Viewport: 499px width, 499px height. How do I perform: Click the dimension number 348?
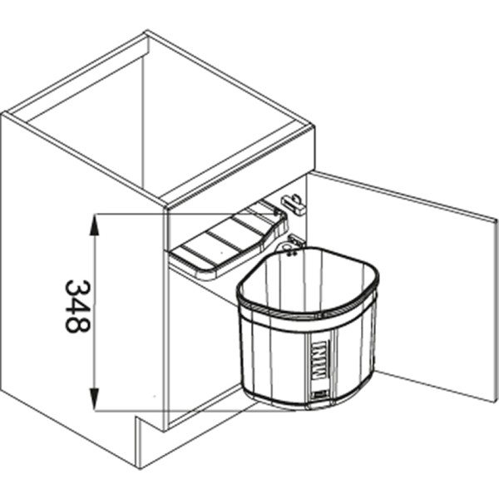click(77, 306)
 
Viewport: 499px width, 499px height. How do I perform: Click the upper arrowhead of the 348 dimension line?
click(96, 220)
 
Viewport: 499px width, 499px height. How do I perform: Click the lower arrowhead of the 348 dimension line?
click(96, 403)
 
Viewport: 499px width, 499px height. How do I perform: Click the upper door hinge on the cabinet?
click(293, 202)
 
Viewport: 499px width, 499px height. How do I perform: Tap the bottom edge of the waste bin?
click(308, 405)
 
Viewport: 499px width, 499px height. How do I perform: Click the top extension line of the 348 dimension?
click(133, 215)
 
